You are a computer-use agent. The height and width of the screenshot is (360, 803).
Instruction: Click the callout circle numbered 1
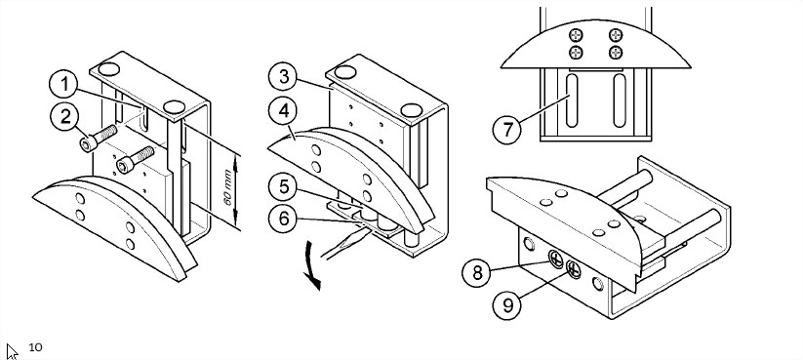pyautogui.click(x=63, y=84)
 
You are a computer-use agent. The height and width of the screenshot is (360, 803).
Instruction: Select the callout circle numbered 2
pyautogui.click(x=64, y=117)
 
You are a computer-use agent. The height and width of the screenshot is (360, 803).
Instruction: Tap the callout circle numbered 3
pyautogui.click(x=283, y=77)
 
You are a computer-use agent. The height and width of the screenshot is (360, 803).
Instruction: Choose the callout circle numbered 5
pyautogui.click(x=283, y=187)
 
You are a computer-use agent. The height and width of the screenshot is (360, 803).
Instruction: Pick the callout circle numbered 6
pyautogui.click(x=283, y=219)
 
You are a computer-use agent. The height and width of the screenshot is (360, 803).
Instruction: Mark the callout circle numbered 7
pyautogui.click(x=506, y=130)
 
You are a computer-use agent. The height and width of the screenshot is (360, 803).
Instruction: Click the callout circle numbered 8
pyautogui.click(x=477, y=272)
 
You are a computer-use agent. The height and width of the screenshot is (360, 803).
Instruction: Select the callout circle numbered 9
pyautogui.click(x=506, y=305)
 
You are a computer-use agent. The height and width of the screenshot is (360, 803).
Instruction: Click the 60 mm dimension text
pyautogui.click(x=228, y=187)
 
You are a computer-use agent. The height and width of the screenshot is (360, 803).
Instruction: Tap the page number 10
pyautogui.click(x=35, y=347)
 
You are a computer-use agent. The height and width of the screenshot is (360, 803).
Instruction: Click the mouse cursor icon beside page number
pyautogui.click(x=12, y=351)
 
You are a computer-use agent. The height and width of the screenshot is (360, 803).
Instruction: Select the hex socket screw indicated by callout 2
pyautogui.click(x=99, y=139)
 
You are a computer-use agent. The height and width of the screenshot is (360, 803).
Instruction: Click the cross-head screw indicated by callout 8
pyautogui.click(x=555, y=260)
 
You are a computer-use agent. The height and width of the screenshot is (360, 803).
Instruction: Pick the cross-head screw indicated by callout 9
pyautogui.click(x=574, y=269)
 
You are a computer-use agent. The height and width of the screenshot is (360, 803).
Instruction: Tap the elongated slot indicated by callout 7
pyautogui.click(x=572, y=100)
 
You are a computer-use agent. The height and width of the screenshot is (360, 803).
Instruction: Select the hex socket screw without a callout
pyautogui.click(x=136, y=160)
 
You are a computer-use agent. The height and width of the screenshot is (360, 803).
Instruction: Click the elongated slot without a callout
pyautogui.click(x=619, y=100)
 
